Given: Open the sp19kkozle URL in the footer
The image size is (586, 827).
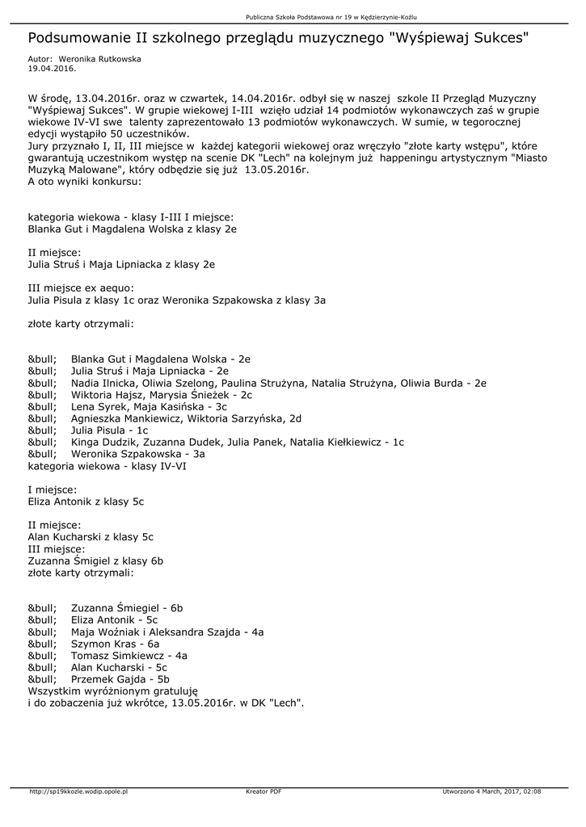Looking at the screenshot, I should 78,791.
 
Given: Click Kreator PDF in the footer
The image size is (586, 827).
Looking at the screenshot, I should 263,791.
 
